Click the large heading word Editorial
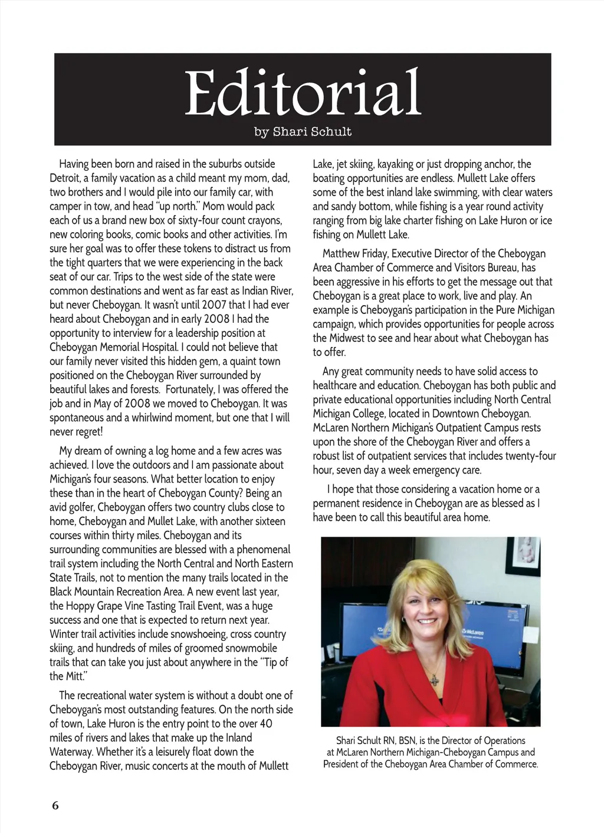[x=303, y=94]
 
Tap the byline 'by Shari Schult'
[x=303, y=132]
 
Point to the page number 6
[x=55, y=806]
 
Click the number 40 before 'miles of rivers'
[x=265, y=724]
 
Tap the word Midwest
[x=344, y=338]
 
